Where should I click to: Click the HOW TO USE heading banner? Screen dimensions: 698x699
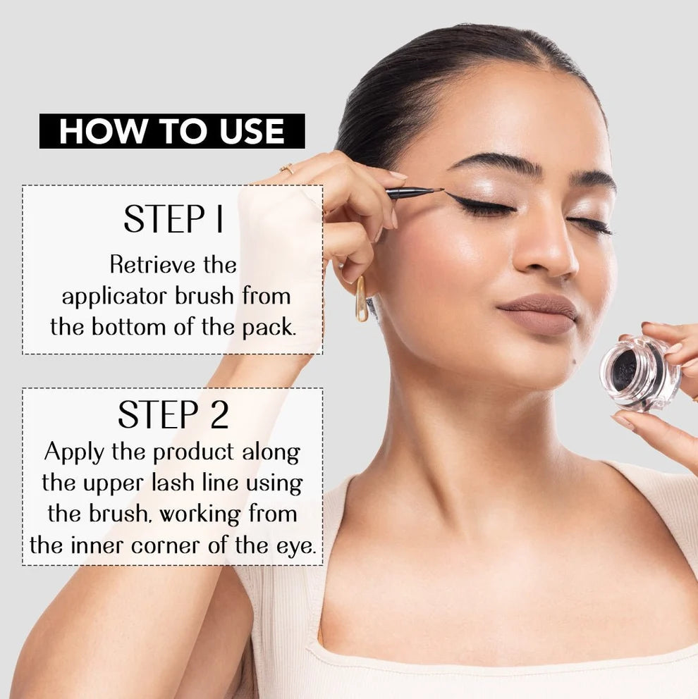(x=172, y=131)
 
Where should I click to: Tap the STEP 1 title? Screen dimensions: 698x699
(x=173, y=218)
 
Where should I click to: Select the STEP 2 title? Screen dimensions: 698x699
(x=173, y=414)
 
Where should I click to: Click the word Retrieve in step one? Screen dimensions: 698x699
(x=152, y=265)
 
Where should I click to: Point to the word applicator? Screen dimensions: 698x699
(x=115, y=297)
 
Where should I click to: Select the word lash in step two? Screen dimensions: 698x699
(x=173, y=483)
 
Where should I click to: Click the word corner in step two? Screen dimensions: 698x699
(x=164, y=546)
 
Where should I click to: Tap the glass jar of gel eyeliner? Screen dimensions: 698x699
(x=639, y=373)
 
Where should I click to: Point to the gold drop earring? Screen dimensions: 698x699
(x=361, y=299)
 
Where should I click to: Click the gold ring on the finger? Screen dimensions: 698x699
(x=288, y=168)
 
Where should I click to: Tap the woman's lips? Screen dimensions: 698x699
(x=539, y=314)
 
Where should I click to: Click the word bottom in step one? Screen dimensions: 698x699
(x=128, y=327)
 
